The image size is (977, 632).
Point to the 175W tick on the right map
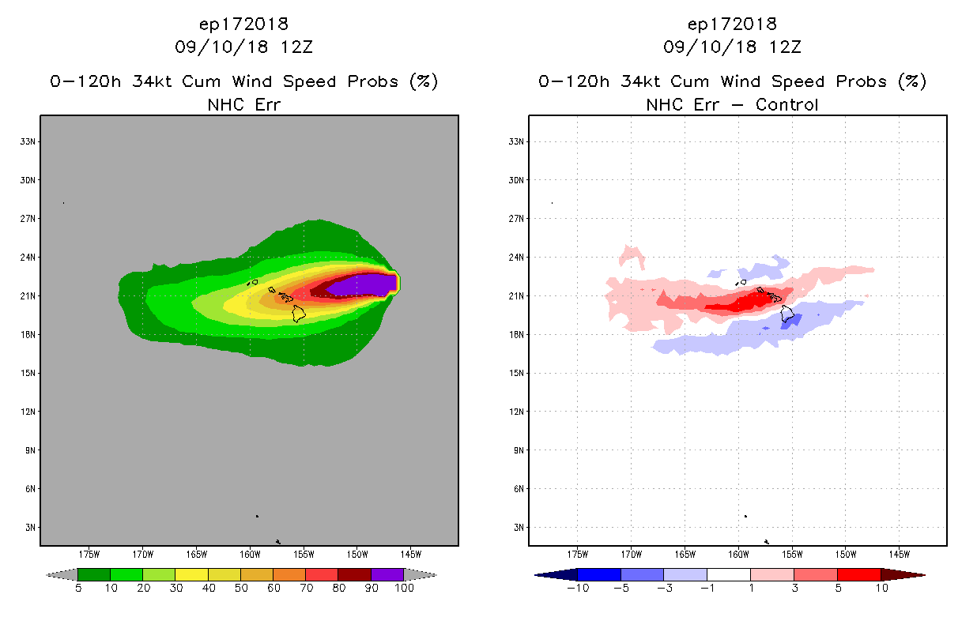tap(578, 553)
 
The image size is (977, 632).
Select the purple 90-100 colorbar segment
tap(387, 574)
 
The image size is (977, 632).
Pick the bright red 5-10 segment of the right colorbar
tap(858, 574)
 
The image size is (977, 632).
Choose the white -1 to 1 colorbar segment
tap(729, 574)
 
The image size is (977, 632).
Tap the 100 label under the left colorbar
tap(404, 588)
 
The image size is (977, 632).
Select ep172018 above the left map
tap(243, 24)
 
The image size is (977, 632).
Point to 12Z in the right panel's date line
tap(786, 47)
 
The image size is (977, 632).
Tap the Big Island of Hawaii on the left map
tap(299, 313)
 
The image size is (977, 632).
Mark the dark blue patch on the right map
tap(790, 320)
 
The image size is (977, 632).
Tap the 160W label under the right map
tap(738, 553)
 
